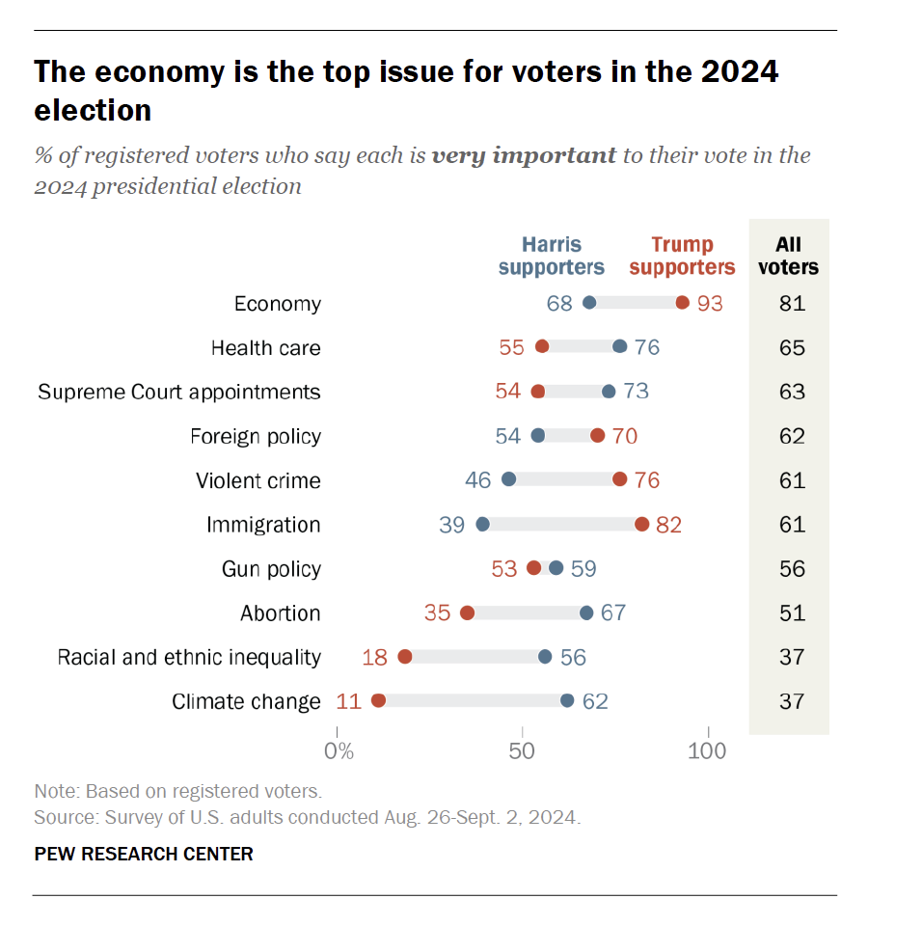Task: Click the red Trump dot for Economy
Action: (x=682, y=303)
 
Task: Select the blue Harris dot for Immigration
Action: (x=482, y=524)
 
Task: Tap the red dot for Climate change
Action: (x=378, y=700)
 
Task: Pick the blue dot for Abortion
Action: (x=586, y=613)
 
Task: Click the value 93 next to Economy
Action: (x=710, y=303)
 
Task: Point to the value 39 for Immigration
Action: (x=452, y=524)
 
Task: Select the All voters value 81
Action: (x=792, y=303)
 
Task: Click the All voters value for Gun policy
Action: (x=792, y=568)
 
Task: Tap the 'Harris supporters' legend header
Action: (x=552, y=256)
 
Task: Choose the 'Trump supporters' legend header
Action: (x=682, y=256)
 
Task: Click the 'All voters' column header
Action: (x=788, y=256)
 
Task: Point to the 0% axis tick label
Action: (x=339, y=750)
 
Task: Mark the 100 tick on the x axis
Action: (x=708, y=750)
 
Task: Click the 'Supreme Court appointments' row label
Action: (x=179, y=392)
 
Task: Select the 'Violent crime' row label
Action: (x=258, y=480)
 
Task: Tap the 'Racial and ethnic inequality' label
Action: (x=189, y=657)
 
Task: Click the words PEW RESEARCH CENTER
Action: (x=144, y=854)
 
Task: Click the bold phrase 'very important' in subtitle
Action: (x=524, y=155)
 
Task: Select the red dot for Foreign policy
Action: (x=598, y=436)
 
